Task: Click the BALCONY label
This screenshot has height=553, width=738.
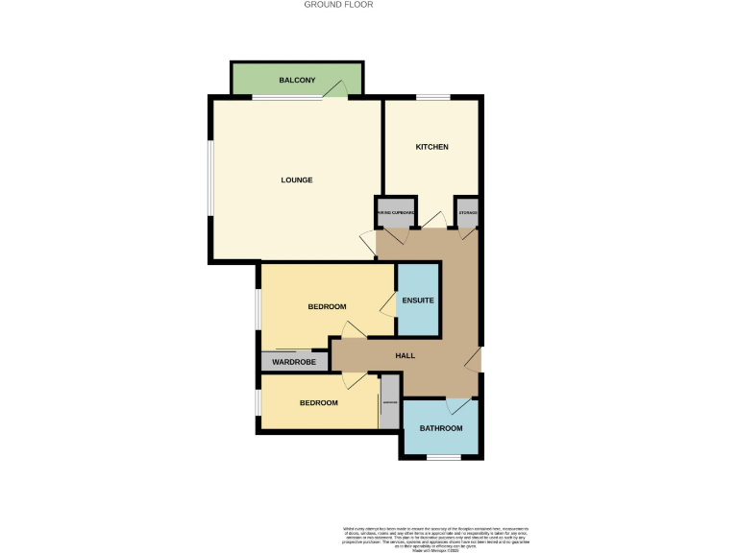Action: pyautogui.click(x=297, y=80)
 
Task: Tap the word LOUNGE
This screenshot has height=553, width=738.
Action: pyautogui.click(x=297, y=180)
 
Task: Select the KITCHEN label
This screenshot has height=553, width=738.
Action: pyautogui.click(x=431, y=147)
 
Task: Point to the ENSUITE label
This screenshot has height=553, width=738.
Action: pyautogui.click(x=418, y=301)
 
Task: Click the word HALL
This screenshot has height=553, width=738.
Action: pyautogui.click(x=406, y=355)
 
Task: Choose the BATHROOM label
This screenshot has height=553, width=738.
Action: pyautogui.click(x=441, y=428)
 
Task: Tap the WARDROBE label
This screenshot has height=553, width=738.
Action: pyautogui.click(x=294, y=362)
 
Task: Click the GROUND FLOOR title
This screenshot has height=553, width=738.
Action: pyautogui.click(x=338, y=5)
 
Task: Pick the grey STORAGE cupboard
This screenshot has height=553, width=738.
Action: pyautogui.click(x=468, y=213)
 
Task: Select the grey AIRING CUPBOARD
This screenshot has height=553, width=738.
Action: pyautogui.click(x=395, y=213)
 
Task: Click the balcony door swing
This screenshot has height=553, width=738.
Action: pyautogui.click(x=335, y=88)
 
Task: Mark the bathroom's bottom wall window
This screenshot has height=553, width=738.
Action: pyautogui.click(x=442, y=458)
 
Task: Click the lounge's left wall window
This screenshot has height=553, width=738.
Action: pyautogui.click(x=209, y=180)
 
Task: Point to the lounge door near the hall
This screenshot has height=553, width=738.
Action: pyautogui.click(x=368, y=242)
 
